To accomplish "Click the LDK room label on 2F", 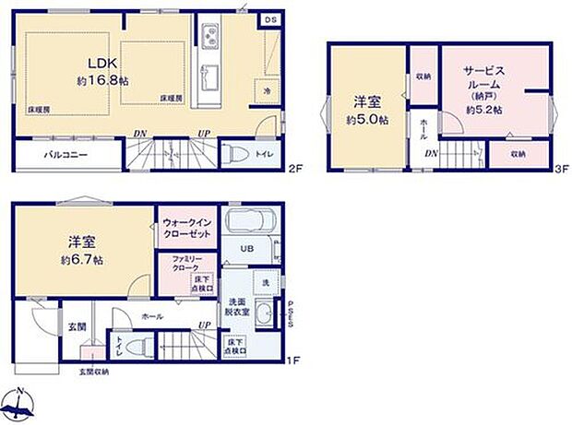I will tap(102, 63).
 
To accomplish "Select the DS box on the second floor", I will tap(270, 19).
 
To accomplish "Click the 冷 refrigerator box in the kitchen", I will tap(266, 91).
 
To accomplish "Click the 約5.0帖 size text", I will tap(367, 120).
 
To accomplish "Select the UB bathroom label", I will tap(246, 250).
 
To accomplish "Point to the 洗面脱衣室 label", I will tap(236, 308).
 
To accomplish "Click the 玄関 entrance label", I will tap(77, 325).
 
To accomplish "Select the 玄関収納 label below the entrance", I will tap(92, 372).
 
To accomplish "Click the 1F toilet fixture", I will tap(139, 347).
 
